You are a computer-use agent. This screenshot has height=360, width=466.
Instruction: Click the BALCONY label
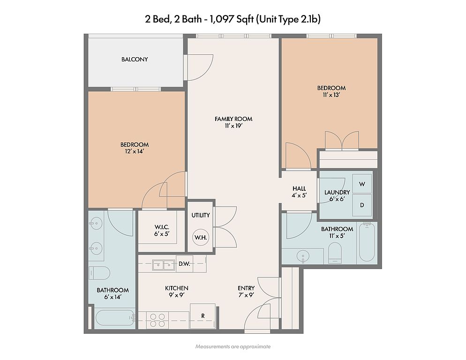pyautogui.click(x=135, y=60)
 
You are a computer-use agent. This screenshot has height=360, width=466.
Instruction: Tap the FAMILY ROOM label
pyautogui.click(x=233, y=119)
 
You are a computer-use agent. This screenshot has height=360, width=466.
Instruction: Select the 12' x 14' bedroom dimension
pyautogui.click(x=135, y=151)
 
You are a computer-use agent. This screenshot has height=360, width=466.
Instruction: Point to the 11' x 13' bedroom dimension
pyautogui.click(x=331, y=95)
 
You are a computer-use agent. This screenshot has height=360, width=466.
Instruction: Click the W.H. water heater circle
pyautogui.click(x=201, y=237)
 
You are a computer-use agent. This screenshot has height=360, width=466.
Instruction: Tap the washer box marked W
pyautogui.click(x=362, y=184)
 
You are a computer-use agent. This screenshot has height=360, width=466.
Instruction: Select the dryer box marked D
pyautogui.click(x=362, y=205)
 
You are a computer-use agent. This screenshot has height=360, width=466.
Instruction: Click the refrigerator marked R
pyautogui.click(x=203, y=316)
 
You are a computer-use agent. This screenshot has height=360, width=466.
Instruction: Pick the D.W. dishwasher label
pyautogui.click(x=184, y=264)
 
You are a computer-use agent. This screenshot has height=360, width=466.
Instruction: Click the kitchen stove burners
pyautogui.click(x=158, y=320)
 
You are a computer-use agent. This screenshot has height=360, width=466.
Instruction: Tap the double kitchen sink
pyautogui.click(x=164, y=264)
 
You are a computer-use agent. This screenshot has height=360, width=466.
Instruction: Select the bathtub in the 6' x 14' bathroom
pyautogui.click(x=115, y=318)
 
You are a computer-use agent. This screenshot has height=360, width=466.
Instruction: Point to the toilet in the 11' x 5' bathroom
pyautogui.click(x=335, y=253)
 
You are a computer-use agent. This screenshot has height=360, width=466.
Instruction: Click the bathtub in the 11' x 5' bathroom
pyautogui.click(x=367, y=242)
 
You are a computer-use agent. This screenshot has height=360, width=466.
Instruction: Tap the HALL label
pyautogui.click(x=299, y=188)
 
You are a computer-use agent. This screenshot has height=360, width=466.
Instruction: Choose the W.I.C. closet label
pyautogui.click(x=162, y=227)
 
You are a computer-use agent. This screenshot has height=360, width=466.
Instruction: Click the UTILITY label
pyautogui.click(x=201, y=215)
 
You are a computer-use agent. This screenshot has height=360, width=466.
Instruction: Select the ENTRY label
pyautogui.click(x=246, y=288)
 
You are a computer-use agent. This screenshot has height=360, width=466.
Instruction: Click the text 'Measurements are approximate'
pyautogui.click(x=233, y=346)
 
